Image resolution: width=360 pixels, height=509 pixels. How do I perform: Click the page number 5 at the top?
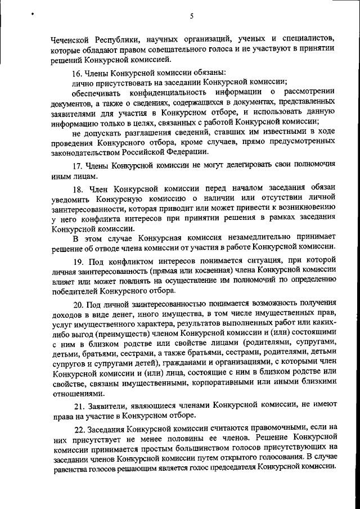tap(192, 16)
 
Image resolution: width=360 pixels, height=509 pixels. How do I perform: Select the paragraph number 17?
tap(79, 166)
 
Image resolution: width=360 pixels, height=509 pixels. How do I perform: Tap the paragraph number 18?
tap(79, 188)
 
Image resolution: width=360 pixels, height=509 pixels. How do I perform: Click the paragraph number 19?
tap(79, 262)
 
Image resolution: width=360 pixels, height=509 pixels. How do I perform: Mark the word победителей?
tap(75, 291)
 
